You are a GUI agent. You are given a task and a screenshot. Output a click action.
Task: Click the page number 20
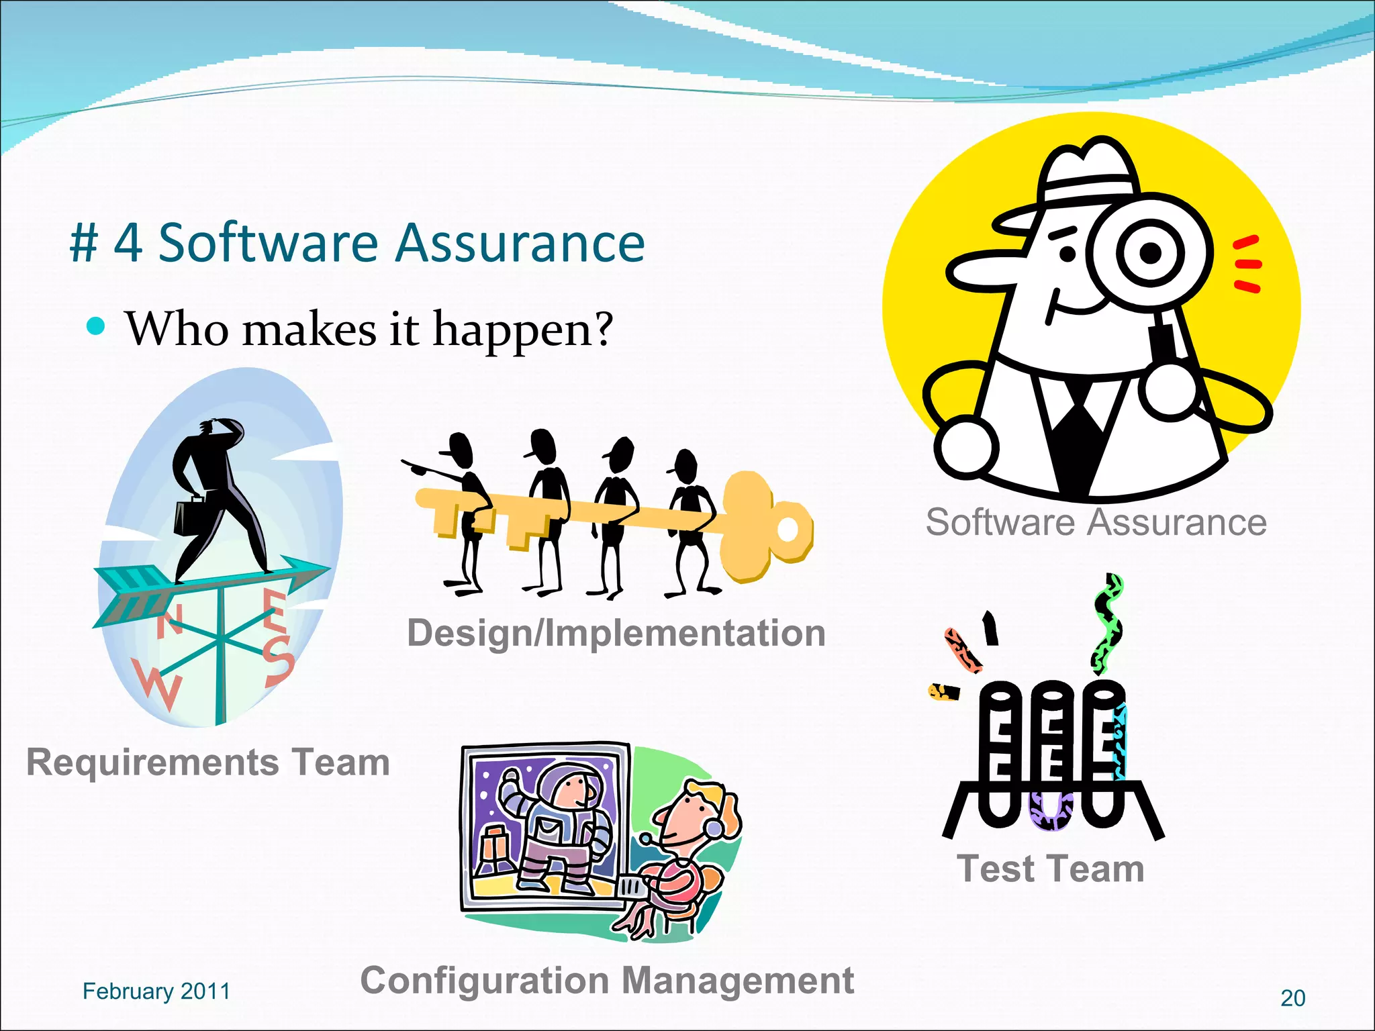tap(1292, 998)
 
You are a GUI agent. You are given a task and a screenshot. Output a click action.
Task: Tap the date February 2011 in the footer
tap(156, 991)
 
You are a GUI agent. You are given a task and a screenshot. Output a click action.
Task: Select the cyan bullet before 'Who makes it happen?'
tap(97, 327)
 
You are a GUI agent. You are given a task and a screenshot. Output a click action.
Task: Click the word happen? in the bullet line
tap(522, 331)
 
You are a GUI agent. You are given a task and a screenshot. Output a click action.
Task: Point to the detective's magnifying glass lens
tap(1149, 253)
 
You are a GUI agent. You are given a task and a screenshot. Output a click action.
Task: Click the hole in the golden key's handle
tap(787, 530)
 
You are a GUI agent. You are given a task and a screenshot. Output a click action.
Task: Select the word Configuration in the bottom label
tap(483, 981)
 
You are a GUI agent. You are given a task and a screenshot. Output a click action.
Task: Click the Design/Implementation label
tap(616, 633)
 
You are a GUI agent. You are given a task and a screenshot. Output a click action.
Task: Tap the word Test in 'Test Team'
tap(995, 869)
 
